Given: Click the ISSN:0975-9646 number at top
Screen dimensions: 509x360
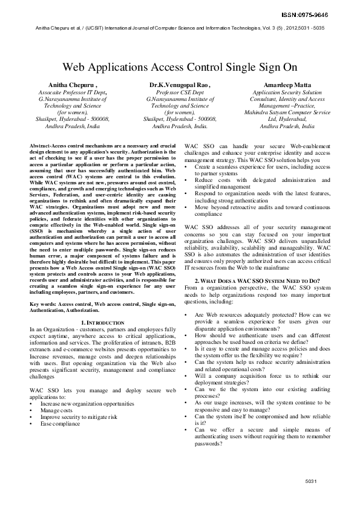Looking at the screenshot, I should (319, 15).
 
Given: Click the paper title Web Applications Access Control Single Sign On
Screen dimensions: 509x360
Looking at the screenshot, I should (180, 67).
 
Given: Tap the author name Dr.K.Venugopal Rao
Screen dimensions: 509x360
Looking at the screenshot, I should (180, 85).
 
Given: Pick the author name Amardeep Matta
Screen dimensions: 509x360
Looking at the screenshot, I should (287, 85).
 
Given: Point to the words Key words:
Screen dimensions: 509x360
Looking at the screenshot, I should (44, 303).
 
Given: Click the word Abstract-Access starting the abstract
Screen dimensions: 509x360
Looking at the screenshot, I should (51, 147).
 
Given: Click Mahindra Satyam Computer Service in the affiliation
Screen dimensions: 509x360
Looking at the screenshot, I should (287, 112).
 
